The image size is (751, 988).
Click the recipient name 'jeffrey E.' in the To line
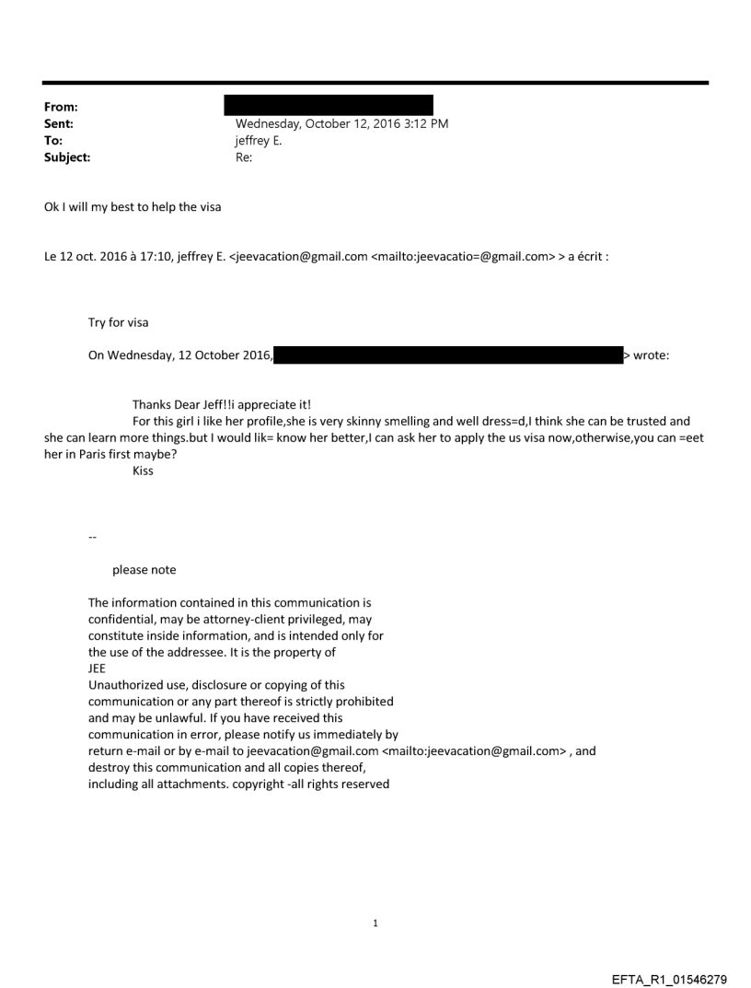(x=260, y=141)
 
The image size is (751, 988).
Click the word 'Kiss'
(x=143, y=471)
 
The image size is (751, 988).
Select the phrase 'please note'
(x=144, y=570)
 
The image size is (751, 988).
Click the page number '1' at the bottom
(x=375, y=923)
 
